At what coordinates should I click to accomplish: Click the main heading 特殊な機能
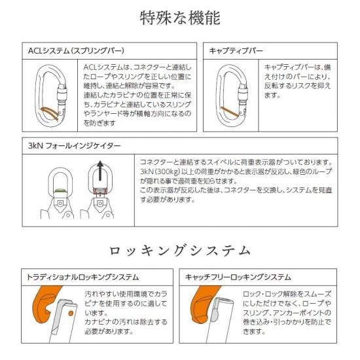(x=180, y=18)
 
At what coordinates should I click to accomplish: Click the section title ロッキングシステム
(x=180, y=251)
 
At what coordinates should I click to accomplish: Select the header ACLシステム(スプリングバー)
(x=76, y=51)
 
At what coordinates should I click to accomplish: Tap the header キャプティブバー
(x=236, y=51)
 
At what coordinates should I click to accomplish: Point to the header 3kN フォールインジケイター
(x=74, y=146)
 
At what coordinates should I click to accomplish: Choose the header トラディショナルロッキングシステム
(x=82, y=277)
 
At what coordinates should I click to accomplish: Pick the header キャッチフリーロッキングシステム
(x=238, y=277)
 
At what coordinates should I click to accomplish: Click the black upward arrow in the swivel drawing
(x=100, y=171)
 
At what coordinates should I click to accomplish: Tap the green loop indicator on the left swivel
(x=60, y=190)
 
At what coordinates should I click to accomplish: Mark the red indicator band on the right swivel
(x=100, y=190)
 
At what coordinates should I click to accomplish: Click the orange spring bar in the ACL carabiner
(x=50, y=113)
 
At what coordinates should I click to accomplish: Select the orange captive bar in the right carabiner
(x=230, y=112)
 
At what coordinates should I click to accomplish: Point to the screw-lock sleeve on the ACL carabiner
(x=62, y=92)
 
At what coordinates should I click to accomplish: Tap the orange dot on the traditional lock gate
(x=71, y=313)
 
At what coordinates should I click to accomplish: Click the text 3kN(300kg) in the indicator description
(x=160, y=171)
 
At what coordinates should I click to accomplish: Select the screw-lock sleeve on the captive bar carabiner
(x=243, y=92)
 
